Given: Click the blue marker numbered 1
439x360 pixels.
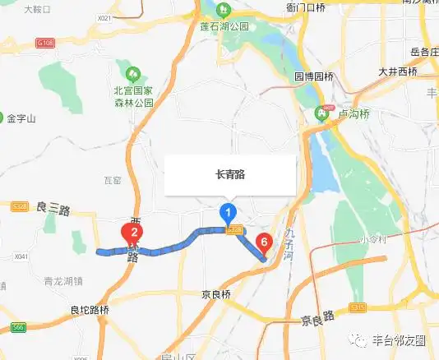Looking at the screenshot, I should [228, 214].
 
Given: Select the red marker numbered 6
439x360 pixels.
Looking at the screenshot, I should [263, 242].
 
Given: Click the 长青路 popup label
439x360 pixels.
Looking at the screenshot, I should [230, 174].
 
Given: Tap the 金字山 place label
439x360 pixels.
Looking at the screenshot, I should [21, 118].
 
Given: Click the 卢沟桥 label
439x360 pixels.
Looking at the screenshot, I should [350, 113].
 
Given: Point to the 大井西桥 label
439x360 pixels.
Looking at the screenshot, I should [398, 72].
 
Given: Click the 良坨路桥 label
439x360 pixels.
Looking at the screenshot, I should [90, 310].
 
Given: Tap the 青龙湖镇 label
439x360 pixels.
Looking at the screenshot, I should [64, 279].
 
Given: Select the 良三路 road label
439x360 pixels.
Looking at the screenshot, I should [53, 210].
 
